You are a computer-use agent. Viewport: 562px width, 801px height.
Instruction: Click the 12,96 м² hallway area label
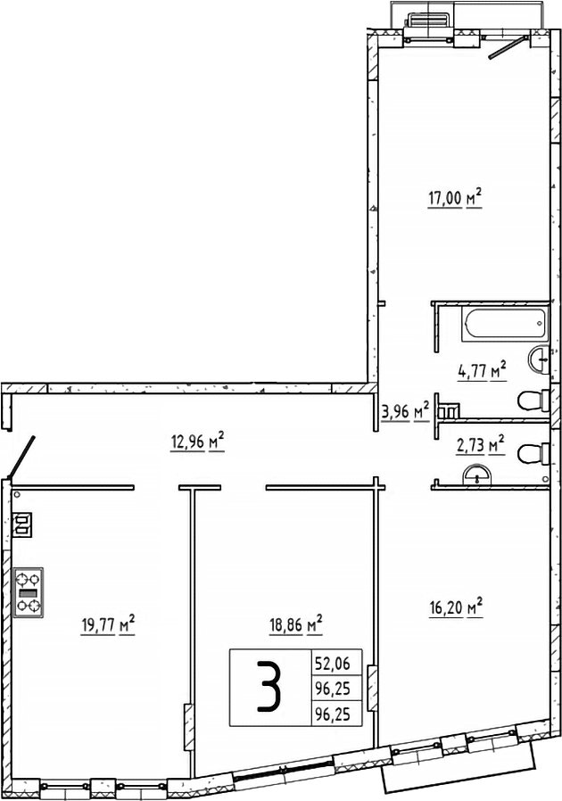[197, 439]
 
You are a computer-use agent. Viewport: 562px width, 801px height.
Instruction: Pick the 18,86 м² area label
[295, 624]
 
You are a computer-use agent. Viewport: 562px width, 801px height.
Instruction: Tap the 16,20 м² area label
[456, 608]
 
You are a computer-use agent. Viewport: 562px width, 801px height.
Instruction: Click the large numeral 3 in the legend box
[270, 688]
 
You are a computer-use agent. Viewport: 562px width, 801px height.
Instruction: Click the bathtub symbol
[504, 324]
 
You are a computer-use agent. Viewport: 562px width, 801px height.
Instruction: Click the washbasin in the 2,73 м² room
[480, 474]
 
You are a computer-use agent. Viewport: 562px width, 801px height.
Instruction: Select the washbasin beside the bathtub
[540, 359]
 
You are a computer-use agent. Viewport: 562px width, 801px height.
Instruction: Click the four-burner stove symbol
[29, 592]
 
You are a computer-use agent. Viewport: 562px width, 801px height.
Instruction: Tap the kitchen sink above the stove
[22, 524]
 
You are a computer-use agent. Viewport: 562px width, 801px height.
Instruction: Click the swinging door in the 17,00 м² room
[508, 46]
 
